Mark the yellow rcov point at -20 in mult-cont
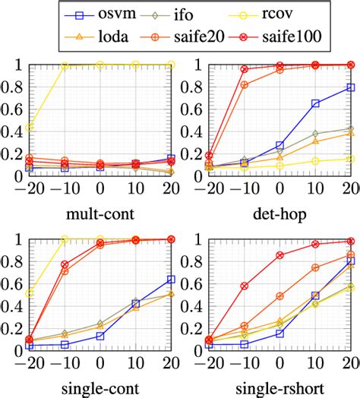[30, 127]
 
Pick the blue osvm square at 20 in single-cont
[171, 280]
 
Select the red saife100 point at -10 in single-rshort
[244, 286]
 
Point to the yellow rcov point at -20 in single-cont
[30, 293]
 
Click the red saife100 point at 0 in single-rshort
[279, 255]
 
